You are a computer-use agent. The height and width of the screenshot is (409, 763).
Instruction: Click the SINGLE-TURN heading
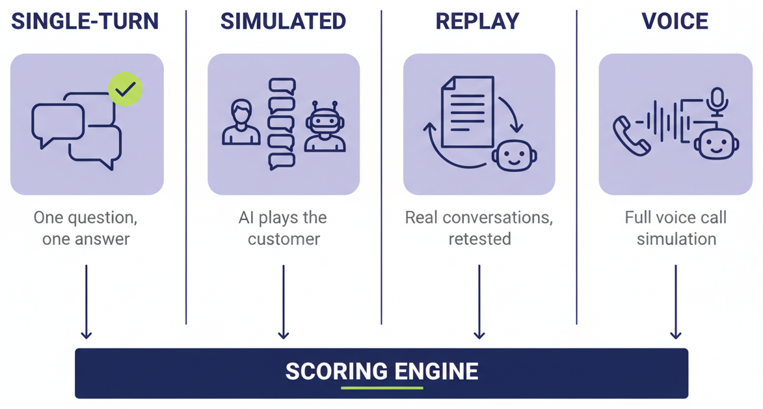click(85, 21)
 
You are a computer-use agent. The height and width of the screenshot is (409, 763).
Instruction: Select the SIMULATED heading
click(283, 21)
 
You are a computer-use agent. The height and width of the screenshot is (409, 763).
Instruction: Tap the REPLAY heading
click(477, 21)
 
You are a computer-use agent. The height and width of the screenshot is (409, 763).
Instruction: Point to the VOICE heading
click(675, 21)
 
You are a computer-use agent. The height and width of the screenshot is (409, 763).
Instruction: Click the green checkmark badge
click(125, 89)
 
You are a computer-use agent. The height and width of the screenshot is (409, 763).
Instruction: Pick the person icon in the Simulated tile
click(241, 122)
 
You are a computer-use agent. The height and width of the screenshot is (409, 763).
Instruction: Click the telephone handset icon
click(630, 136)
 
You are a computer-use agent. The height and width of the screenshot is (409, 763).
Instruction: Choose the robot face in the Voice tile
click(716, 143)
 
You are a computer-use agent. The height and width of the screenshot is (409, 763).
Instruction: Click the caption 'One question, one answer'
click(86, 228)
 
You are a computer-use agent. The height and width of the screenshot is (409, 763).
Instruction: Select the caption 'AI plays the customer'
click(283, 228)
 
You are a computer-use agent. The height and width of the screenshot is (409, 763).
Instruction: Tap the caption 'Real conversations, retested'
click(479, 228)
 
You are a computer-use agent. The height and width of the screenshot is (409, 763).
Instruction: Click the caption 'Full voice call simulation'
click(676, 228)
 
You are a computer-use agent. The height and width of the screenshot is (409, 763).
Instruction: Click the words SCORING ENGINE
click(382, 371)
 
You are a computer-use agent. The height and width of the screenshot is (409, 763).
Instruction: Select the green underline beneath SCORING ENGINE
click(382, 388)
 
